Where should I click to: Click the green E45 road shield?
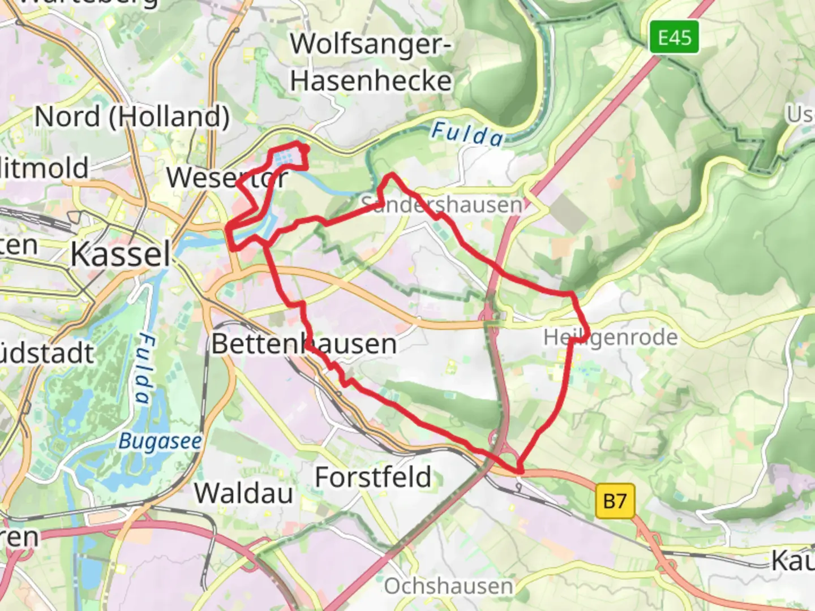coord(674,37)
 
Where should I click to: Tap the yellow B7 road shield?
coord(615,501)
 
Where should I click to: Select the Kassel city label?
coord(120,254)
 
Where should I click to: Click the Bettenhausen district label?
coord(304,344)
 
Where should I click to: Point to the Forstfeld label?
coord(373,477)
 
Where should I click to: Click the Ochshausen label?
coord(448,586)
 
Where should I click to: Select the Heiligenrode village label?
coord(610,337)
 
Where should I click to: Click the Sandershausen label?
coord(441,204)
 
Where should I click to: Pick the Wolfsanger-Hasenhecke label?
coord(371,62)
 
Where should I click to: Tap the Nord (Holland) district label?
coord(132,117)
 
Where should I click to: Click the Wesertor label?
coord(227,178)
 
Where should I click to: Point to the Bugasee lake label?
coord(160,441)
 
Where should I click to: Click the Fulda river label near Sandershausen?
coord(467,134)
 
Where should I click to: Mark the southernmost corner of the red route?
coord(519,471)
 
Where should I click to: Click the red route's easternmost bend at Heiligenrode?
coord(587,332)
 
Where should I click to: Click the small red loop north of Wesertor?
coord(290,158)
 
